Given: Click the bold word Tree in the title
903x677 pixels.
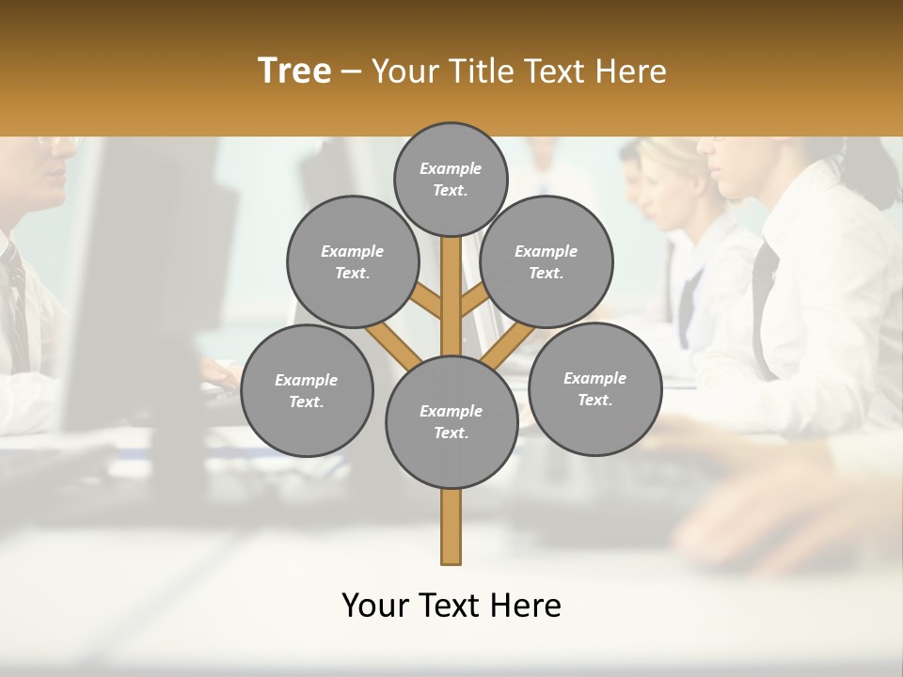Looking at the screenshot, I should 294,71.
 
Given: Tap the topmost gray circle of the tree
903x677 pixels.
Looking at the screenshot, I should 451,179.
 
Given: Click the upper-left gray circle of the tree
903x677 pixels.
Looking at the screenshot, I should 352,261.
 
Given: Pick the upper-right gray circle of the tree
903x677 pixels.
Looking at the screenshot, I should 547,261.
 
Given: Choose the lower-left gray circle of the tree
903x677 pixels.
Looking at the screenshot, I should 307,390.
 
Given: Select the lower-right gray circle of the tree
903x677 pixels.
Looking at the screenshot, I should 594,388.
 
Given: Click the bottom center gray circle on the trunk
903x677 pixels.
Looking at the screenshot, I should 451,422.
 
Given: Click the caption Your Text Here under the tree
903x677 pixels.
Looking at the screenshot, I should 451,606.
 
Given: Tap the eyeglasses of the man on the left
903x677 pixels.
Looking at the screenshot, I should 58,144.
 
